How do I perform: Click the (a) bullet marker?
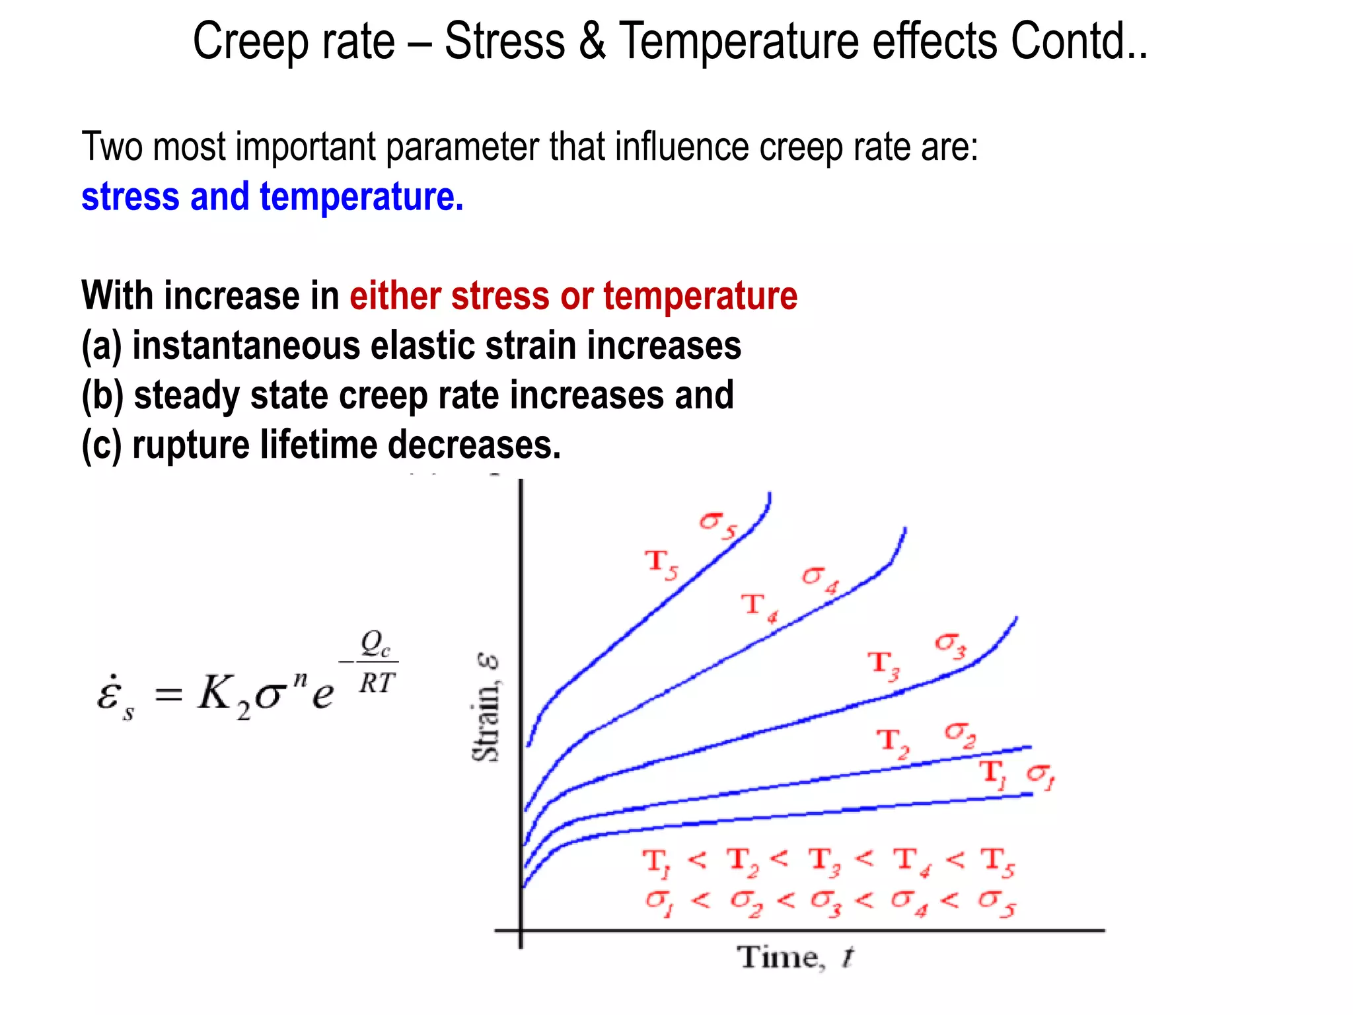102,346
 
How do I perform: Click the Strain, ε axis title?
487,707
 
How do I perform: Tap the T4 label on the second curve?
759,607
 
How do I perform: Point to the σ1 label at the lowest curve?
1041,776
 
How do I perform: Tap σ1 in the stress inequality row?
658,902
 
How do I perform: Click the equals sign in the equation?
168,695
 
